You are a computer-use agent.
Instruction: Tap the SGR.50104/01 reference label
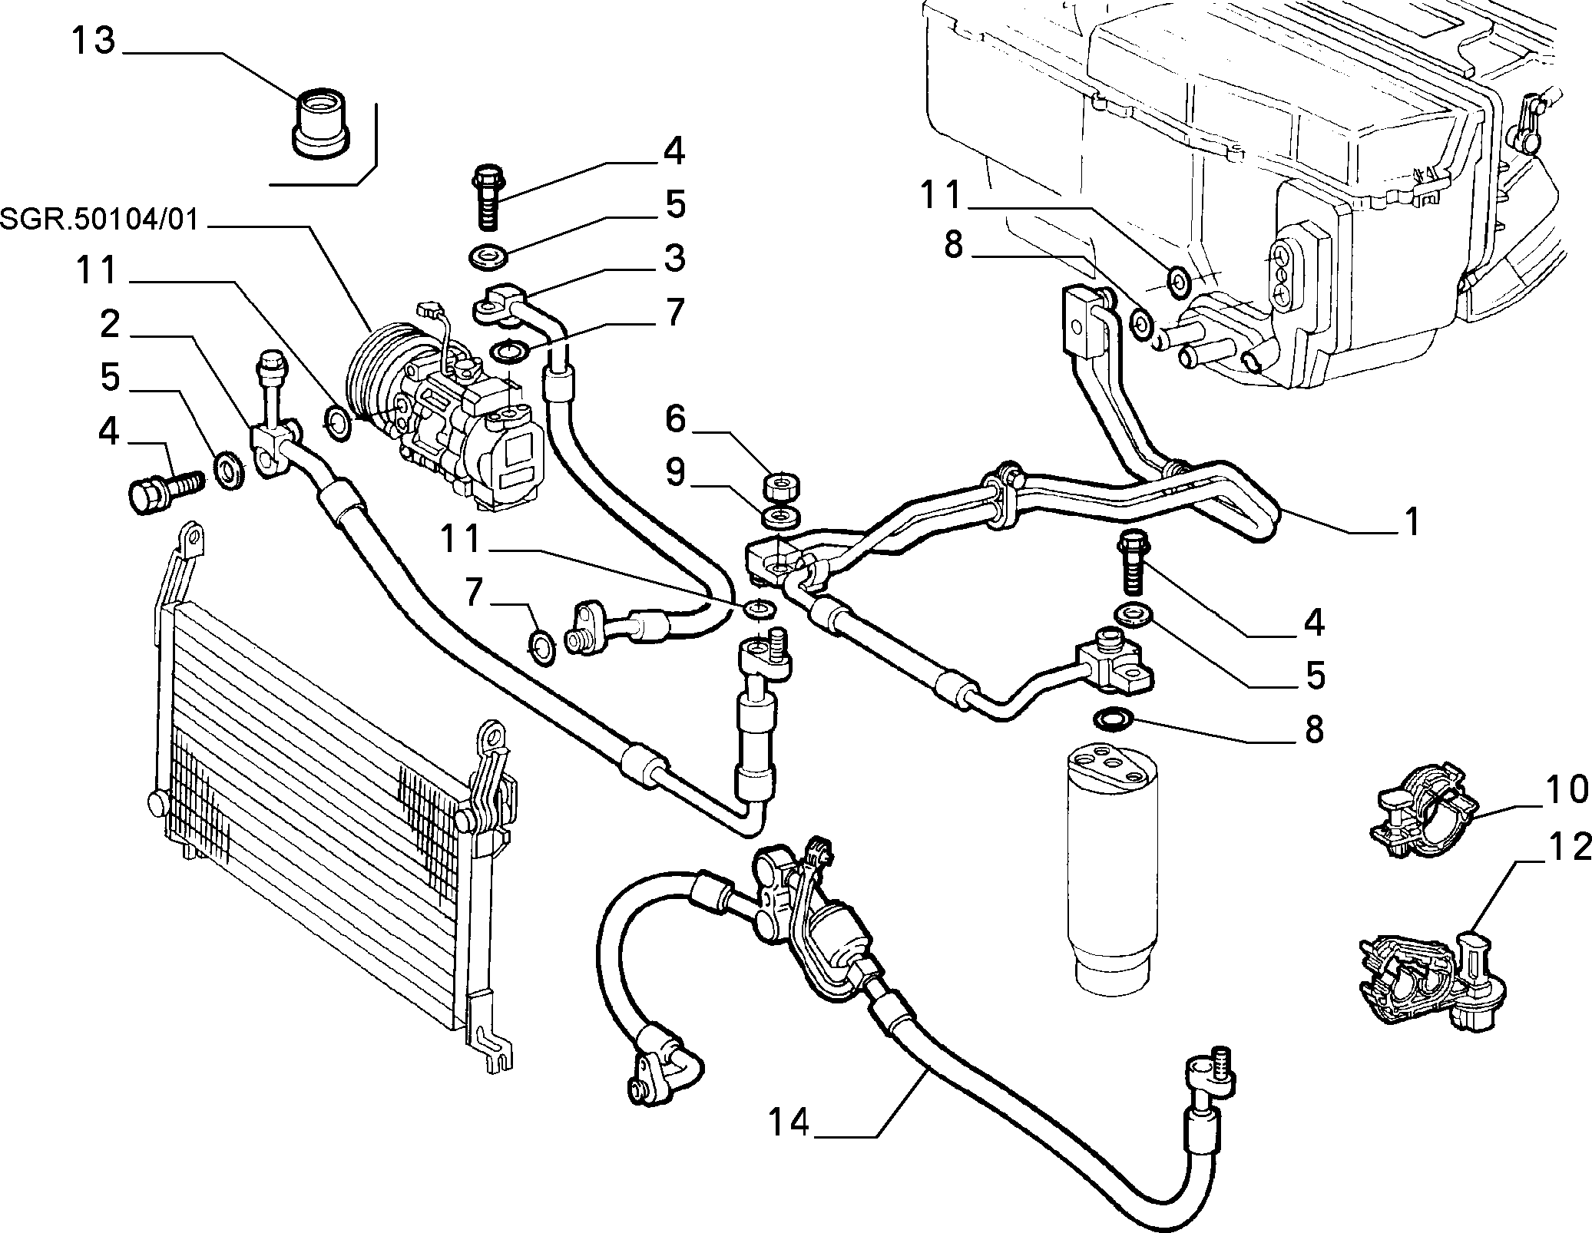[100, 220]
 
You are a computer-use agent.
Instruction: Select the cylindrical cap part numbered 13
[322, 124]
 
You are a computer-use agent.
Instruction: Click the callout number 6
[674, 420]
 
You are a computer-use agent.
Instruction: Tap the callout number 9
[675, 474]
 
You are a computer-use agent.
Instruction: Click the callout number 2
[110, 325]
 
